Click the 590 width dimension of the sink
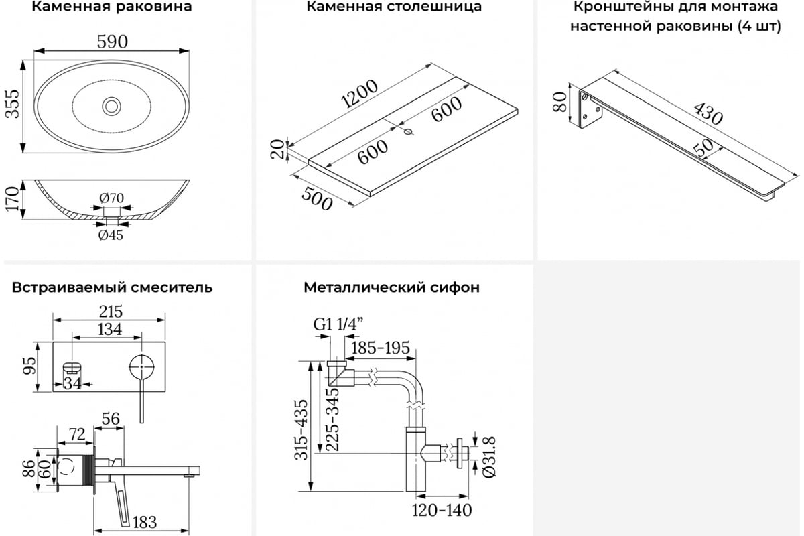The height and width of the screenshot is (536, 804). (x=113, y=42)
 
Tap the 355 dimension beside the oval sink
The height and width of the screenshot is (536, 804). (x=13, y=104)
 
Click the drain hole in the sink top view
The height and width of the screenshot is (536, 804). (x=112, y=106)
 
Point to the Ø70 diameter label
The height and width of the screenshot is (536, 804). (x=112, y=198)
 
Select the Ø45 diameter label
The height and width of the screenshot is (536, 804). (x=111, y=235)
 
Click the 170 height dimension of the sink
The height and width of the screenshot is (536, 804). (x=12, y=199)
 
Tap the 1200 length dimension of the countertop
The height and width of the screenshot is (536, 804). (x=359, y=94)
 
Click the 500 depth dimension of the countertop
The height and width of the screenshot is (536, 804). (x=317, y=199)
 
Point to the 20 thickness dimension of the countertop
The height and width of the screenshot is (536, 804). (x=277, y=149)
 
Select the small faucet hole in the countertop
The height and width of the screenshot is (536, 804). (x=408, y=131)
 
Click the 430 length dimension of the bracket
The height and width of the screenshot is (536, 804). (x=708, y=113)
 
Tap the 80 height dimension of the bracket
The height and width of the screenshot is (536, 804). (x=559, y=102)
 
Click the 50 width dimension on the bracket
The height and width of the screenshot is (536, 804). (x=703, y=147)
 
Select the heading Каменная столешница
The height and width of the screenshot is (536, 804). (x=394, y=7)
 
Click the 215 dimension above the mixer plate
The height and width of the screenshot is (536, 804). (x=111, y=312)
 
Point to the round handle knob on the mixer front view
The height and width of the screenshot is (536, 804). (x=142, y=367)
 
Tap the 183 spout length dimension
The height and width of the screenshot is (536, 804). (x=145, y=523)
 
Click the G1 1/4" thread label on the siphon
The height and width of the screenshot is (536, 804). (x=338, y=324)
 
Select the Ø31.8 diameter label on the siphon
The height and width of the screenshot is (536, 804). (x=489, y=457)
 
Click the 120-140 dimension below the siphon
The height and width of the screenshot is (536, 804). (x=442, y=510)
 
